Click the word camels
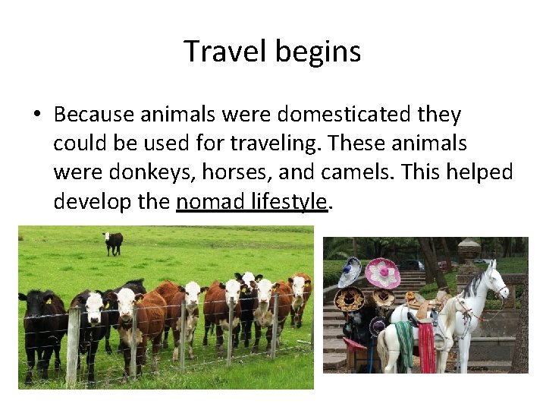pyautogui.click(x=354, y=172)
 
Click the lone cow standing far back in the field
pyautogui.click(x=113, y=242)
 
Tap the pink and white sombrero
pyautogui.click(x=382, y=273)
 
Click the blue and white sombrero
pyautogui.click(x=349, y=271)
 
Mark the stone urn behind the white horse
pyautogui.click(x=469, y=251)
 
